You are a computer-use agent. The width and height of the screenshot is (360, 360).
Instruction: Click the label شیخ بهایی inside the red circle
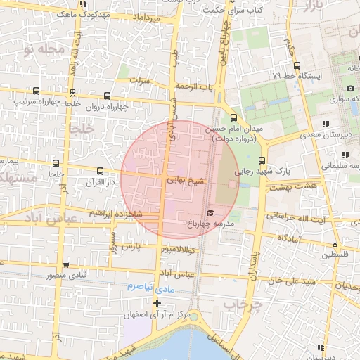click(185, 181)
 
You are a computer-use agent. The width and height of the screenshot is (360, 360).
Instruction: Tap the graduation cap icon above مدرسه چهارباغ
click(209, 212)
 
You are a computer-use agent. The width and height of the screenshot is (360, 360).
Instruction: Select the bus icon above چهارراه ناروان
click(107, 96)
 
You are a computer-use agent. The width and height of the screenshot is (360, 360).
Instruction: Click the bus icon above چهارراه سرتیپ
click(36, 91)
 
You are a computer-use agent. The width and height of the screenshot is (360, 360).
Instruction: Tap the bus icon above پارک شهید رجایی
click(262, 160)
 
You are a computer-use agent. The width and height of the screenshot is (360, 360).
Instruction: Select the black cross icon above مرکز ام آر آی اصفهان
click(157, 304)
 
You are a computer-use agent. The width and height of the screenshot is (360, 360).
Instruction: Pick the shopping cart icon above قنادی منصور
click(66, 265)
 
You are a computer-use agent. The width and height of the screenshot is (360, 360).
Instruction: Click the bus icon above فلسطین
click(334, 243)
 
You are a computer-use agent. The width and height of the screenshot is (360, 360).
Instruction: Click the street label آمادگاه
click(289, 239)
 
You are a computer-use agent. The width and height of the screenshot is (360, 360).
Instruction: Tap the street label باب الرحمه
click(195, 86)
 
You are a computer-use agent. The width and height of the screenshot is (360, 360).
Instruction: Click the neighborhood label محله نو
click(43, 50)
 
